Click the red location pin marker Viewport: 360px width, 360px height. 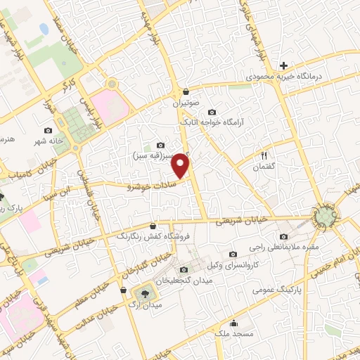(x=182, y=165)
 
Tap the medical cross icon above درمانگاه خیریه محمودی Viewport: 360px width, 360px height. (x=283, y=65)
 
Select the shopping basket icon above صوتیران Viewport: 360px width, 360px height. (x=186, y=91)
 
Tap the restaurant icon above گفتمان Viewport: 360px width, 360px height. (x=264, y=155)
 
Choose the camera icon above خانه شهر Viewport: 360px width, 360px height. (x=48, y=130)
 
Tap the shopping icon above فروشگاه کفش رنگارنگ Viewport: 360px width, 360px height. (x=153, y=225)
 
